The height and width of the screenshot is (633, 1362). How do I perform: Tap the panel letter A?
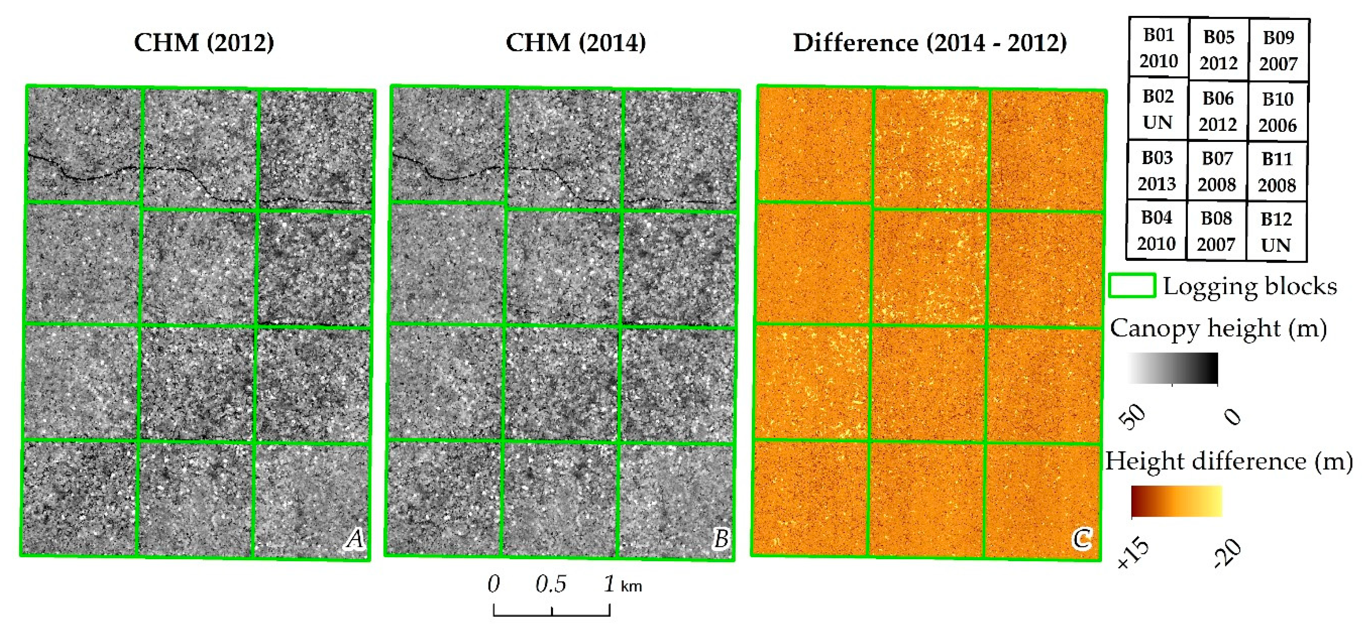355,539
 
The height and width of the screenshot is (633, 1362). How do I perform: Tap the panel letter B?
721,539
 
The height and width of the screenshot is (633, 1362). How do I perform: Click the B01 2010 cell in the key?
1158,48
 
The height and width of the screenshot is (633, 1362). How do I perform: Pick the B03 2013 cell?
1157,170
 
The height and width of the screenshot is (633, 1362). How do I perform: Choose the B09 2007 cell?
1278,51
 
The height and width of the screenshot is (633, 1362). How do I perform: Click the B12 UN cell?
1276,232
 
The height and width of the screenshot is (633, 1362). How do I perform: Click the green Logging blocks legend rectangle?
1131,286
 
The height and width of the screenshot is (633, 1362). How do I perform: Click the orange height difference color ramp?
1176,501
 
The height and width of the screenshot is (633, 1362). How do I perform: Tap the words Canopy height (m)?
1217,329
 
